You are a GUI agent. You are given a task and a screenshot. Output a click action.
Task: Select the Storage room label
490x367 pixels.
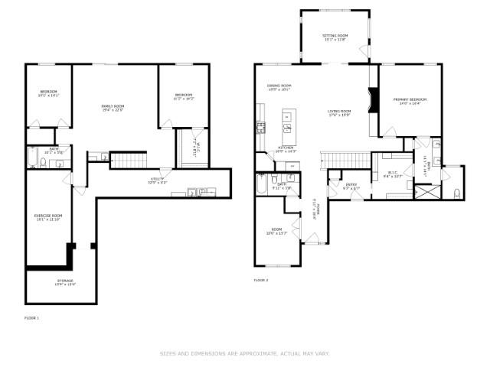point(64,282)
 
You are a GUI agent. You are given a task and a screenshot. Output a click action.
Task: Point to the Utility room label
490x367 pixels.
point(157,181)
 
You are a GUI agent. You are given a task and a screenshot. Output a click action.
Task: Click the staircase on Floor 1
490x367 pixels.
point(129,161)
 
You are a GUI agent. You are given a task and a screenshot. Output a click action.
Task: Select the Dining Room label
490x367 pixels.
point(279,86)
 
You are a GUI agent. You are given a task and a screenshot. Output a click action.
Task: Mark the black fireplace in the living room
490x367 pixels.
point(373,100)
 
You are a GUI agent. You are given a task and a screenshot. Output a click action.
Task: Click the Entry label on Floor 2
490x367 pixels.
point(351,186)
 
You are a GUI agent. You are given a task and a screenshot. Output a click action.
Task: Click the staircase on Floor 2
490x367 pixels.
point(335,159)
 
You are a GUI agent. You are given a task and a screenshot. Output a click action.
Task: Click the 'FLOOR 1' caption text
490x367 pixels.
point(32,317)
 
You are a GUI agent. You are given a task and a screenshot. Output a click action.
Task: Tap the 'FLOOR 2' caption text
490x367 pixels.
point(261,281)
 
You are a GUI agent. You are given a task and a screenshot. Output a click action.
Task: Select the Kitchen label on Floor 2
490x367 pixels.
point(286,148)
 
